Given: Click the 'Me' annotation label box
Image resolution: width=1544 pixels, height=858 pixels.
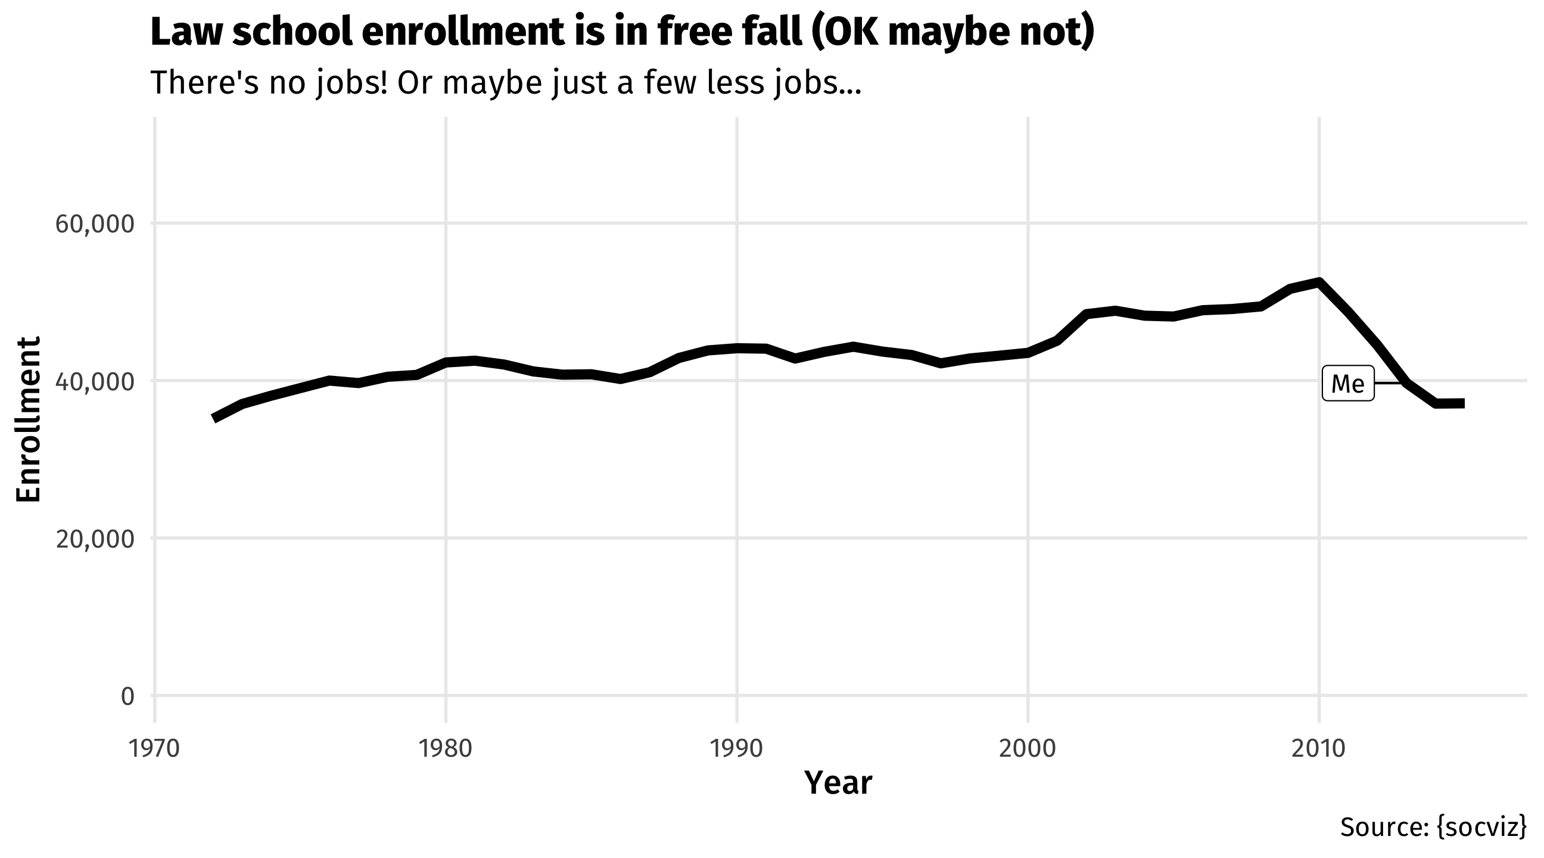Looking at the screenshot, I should (1347, 383).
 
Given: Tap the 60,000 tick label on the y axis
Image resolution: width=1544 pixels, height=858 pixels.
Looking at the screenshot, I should (95, 224).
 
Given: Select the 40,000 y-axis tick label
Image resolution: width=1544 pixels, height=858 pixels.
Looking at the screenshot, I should (95, 381).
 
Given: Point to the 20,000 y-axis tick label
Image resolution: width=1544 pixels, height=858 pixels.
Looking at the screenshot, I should (95, 539).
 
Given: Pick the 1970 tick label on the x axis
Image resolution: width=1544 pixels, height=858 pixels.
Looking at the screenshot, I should (155, 749).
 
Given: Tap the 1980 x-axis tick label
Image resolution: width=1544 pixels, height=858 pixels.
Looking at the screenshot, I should (446, 749).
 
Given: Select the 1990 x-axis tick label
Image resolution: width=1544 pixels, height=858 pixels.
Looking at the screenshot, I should (737, 749).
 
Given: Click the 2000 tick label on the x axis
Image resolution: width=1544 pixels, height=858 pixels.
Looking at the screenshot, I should (1028, 749).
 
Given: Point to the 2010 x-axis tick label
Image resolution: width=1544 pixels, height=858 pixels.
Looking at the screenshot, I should (1319, 749).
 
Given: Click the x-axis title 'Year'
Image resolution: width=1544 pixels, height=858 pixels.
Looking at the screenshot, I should (838, 783).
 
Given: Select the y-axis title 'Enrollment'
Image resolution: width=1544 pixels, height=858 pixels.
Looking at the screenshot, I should (28, 418).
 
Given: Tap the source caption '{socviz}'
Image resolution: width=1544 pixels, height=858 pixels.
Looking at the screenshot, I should (1480, 828).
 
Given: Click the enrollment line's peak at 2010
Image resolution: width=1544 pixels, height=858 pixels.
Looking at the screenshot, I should (1319, 282).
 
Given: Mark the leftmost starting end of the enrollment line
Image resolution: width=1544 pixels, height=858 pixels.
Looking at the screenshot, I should (214, 418).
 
